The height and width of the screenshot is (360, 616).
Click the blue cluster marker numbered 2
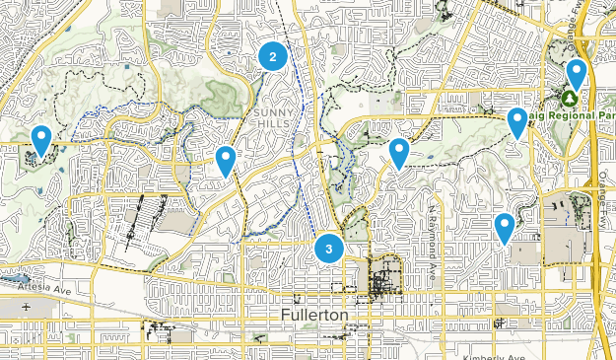(x=273, y=57)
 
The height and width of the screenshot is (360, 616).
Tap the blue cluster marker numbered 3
(x=328, y=248)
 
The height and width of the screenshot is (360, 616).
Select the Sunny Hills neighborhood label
(x=274, y=118)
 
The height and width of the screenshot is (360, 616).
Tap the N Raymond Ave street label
(x=432, y=242)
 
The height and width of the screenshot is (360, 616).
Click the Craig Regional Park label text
(x=578, y=114)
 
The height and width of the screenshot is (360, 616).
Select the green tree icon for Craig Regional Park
(x=569, y=99)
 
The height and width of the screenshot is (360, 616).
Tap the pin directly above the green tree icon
(x=576, y=74)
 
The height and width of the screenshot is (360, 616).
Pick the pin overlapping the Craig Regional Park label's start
(x=516, y=122)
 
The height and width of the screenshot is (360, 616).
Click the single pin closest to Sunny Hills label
(x=226, y=160)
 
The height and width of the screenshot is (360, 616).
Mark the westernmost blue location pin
(x=40, y=140)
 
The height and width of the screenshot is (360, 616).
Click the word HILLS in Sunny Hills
(x=274, y=124)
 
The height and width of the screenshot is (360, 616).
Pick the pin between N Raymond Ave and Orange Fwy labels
(x=505, y=227)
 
